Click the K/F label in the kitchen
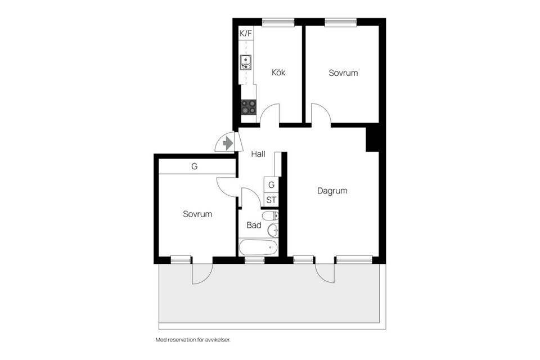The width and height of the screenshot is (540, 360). tap(246, 33)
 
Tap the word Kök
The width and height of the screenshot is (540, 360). tap(278, 73)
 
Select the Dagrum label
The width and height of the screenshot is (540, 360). tap(332, 191)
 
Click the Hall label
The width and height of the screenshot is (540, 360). tap(258, 154)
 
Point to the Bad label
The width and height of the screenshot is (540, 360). tap(254, 225)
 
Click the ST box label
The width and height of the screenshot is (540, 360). tap(271, 200)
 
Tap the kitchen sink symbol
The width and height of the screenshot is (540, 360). tap(246, 62)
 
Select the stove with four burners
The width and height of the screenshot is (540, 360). tap(248, 107)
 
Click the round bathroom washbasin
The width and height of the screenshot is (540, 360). tap(273, 229)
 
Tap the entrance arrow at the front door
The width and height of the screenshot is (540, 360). tap(228, 143)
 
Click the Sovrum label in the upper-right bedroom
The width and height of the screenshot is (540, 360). tap(343, 73)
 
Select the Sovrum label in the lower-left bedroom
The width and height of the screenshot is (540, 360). tap(197, 214)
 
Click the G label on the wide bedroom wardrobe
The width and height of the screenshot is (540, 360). tap(195, 166)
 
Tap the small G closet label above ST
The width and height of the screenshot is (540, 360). tap(271, 184)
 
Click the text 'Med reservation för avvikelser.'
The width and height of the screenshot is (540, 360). tap(193, 340)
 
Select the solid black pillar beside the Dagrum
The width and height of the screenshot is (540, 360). tap(373, 139)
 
